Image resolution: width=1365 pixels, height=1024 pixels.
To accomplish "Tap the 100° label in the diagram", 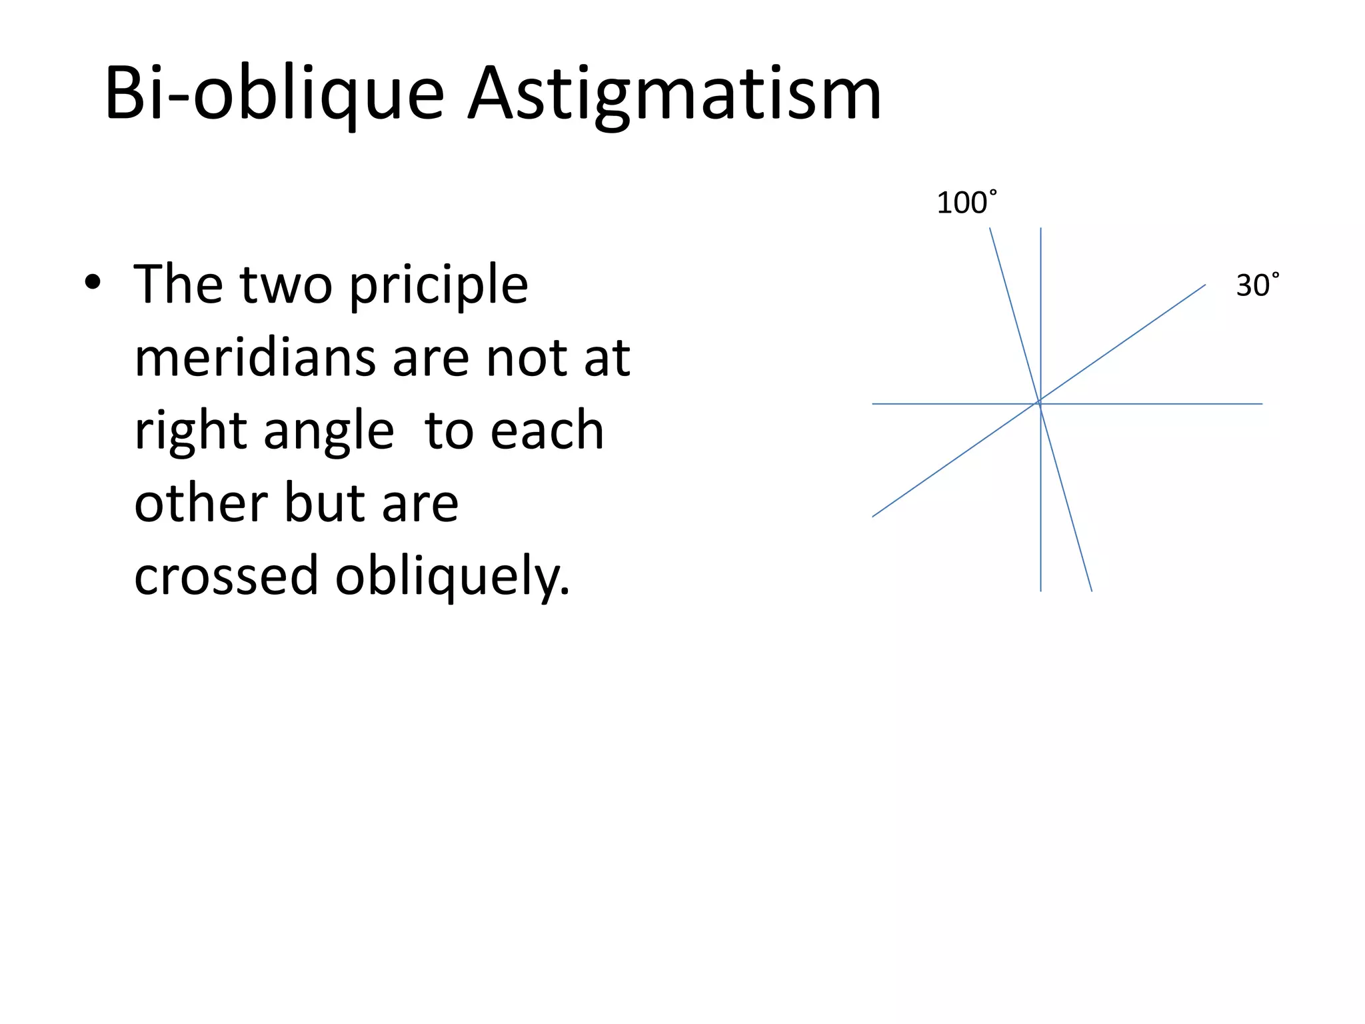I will click(x=966, y=203).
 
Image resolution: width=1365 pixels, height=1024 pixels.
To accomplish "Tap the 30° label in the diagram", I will click(x=1257, y=286).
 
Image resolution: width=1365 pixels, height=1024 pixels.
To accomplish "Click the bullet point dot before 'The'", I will click(x=93, y=283).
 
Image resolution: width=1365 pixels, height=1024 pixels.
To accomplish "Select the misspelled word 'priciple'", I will click(x=439, y=285).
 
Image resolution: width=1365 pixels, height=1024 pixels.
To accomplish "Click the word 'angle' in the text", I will click(x=329, y=432).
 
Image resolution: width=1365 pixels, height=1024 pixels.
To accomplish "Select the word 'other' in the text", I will click(x=201, y=503).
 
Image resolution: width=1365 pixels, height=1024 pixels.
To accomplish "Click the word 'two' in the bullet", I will click(x=286, y=285).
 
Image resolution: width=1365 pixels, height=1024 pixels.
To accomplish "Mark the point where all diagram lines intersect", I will click(x=1040, y=403).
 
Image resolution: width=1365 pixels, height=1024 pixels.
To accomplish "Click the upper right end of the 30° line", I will click(x=1205, y=285).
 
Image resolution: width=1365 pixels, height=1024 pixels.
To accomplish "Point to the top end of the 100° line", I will click(x=990, y=229).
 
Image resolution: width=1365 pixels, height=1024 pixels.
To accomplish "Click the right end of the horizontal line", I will click(x=1262, y=404).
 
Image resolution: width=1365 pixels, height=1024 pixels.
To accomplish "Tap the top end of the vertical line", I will click(x=1040, y=229).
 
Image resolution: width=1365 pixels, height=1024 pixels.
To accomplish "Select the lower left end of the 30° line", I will click(x=873, y=517).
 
